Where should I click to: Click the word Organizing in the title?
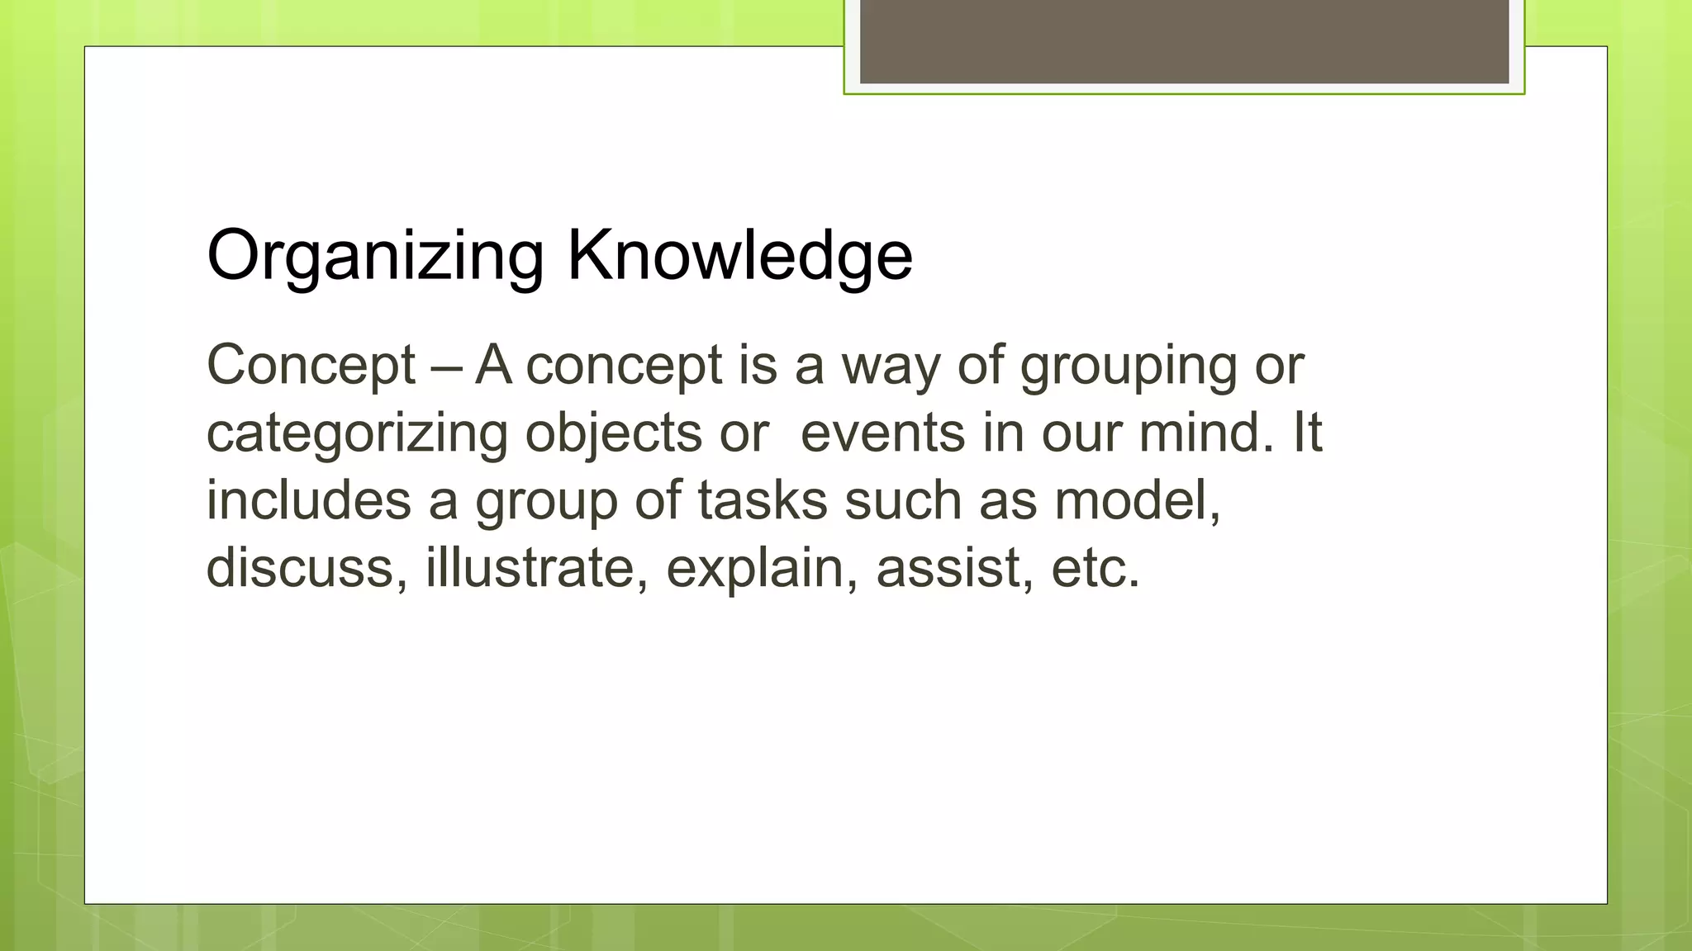click(x=374, y=256)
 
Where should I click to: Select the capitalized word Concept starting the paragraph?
click(x=311, y=366)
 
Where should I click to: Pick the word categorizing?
click(x=357, y=434)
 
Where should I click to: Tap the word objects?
click(x=613, y=434)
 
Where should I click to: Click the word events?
click(x=882, y=433)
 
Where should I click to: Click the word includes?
click(x=308, y=500)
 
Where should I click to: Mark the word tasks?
click(x=762, y=500)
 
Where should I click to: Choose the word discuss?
click(x=307, y=568)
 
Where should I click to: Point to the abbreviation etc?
click(x=1096, y=570)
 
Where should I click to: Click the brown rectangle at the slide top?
click(x=1184, y=41)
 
